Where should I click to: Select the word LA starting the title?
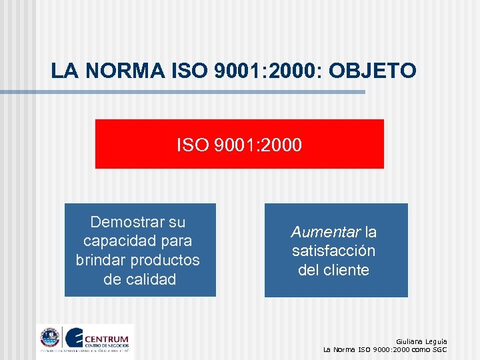pos(63,70)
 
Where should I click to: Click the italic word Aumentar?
pos(325,232)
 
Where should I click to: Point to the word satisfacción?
pos(334,251)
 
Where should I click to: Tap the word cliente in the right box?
pos(345,270)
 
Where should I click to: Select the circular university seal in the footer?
pos(49,338)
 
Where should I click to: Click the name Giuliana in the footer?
pos(410,341)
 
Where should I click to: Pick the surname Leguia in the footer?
pos(437,341)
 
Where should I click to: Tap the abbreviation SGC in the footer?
pos(439,349)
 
